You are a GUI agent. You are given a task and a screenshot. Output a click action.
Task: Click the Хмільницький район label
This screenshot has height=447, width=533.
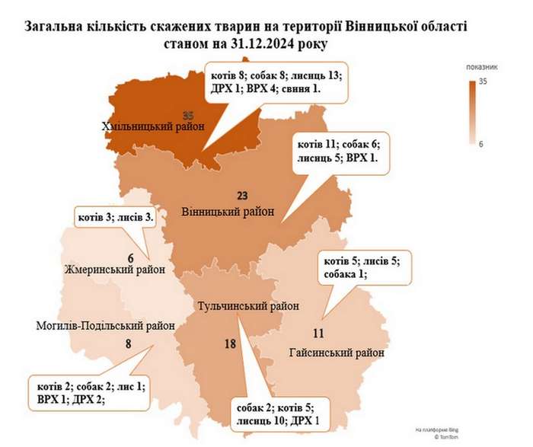(x=152, y=127)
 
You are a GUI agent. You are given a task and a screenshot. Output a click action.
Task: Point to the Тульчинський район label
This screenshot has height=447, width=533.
(x=247, y=306)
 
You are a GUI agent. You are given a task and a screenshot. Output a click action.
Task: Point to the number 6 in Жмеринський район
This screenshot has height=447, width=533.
(x=130, y=257)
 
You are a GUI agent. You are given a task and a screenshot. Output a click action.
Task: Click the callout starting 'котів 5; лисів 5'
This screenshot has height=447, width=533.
(x=362, y=267)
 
